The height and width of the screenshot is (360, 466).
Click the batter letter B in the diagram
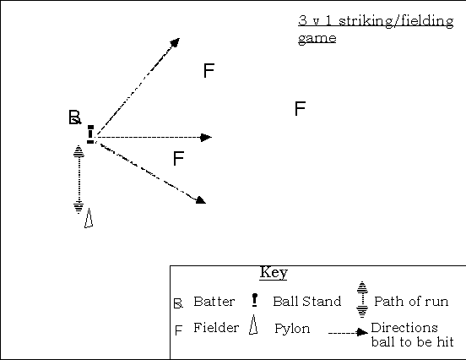(x=74, y=117)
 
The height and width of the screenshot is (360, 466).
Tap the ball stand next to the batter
(x=90, y=134)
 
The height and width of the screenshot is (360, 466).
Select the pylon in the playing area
(x=89, y=218)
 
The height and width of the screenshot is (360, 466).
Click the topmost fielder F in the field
(x=209, y=70)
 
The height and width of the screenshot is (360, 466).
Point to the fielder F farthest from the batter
(x=300, y=108)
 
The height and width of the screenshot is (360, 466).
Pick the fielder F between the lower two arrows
(x=178, y=158)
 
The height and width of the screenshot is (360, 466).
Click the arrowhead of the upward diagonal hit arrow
(x=175, y=42)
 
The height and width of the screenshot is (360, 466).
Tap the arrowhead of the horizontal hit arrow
(x=206, y=138)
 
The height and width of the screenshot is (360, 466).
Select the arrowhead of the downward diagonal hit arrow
(x=201, y=200)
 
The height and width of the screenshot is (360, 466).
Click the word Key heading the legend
(x=274, y=272)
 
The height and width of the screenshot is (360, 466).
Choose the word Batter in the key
(x=214, y=302)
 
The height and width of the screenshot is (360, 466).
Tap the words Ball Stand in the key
(x=306, y=302)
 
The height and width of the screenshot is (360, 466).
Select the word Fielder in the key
(x=216, y=328)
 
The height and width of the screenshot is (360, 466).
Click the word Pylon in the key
(x=292, y=329)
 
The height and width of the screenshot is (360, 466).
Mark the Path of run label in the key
(x=411, y=302)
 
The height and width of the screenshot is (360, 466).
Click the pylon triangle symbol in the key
(x=253, y=325)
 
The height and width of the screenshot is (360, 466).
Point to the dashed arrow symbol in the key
(x=349, y=332)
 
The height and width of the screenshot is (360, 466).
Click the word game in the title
(x=317, y=38)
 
